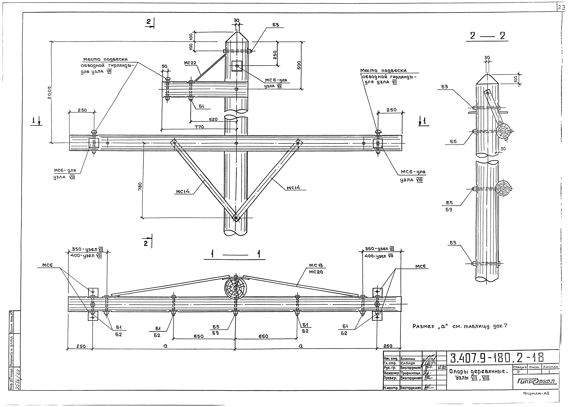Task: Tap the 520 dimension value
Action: tap(213, 119)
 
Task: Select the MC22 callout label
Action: tap(190, 63)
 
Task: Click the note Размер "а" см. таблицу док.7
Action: tap(460, 326)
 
